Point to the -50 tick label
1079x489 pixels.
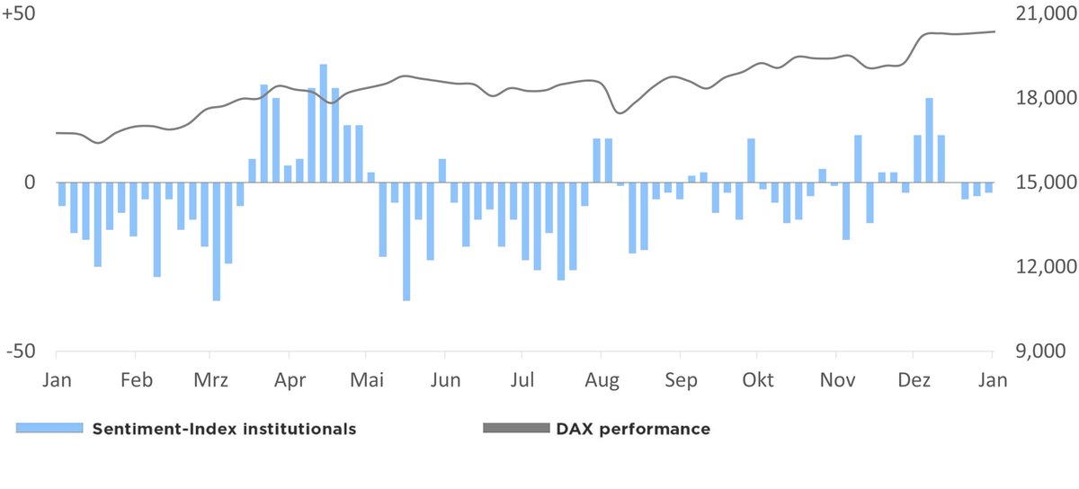click(x=20, y=351)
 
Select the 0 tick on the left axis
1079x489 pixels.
click(x=29, y=182)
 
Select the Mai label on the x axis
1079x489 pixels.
click(x=366, y=379)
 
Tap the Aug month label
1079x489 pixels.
click(x=602, y=379)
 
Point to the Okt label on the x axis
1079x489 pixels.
click(x=757, y=379)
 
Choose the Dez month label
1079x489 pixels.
click(x=914, y=379)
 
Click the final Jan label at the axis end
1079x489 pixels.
click(x=993, y=379)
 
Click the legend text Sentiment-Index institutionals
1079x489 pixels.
click(x=224, y=429)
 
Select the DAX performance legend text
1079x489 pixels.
click(x=633, y=429)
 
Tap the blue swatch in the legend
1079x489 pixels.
click(x=49, y=429)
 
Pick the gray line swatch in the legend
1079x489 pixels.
click(x=515, y=429)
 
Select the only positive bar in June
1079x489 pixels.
click(x=442, y=171)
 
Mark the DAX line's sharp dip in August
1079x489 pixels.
click(x=618, y=112)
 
